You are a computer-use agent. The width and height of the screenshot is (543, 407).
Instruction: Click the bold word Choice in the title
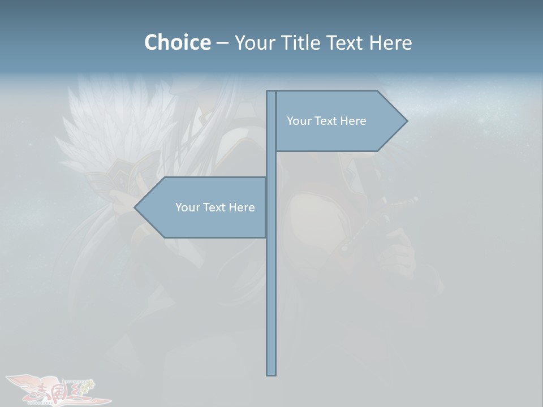click(x=177, y=42)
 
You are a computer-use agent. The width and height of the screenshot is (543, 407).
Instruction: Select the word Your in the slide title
click(x=254, y=42)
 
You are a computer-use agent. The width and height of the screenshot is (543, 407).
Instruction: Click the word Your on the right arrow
click(x=298, y=121)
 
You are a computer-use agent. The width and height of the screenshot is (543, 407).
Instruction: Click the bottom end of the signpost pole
click(x=271, y=372)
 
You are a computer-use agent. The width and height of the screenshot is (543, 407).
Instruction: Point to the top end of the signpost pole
click(x=271, y=94)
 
